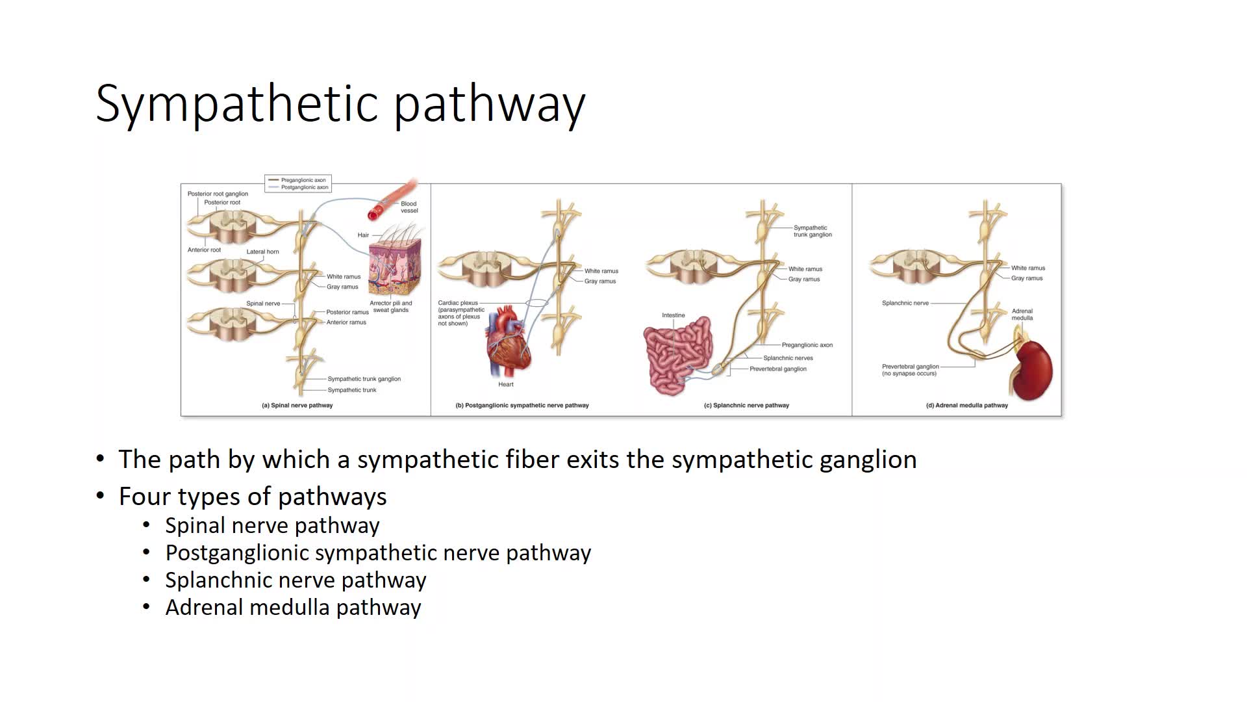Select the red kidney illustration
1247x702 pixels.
click(x=1033, y=370)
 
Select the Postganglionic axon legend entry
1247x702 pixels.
click(x=304, y=187)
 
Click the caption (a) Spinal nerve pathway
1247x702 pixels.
click(x=297, y=405)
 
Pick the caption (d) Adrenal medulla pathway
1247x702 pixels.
click(x=966, y=405)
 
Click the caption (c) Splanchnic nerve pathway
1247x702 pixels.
click(x=746, y=405)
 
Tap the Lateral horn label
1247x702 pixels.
click(x=262, y=252)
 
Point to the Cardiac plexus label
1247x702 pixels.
click(x=458, y=303)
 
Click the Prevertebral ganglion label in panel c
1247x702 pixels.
click(x=777, y=369)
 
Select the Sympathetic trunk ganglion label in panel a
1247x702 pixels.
click(x=364, y=379)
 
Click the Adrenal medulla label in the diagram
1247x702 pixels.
click(x=1022, y=315)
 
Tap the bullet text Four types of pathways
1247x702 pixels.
click(x=253, y=497)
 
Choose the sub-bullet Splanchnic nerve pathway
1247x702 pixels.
click(x=296, y=580)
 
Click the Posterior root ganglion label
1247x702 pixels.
click(x=218, y=194)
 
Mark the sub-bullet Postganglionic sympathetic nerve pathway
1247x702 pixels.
click(x=378, y=552)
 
